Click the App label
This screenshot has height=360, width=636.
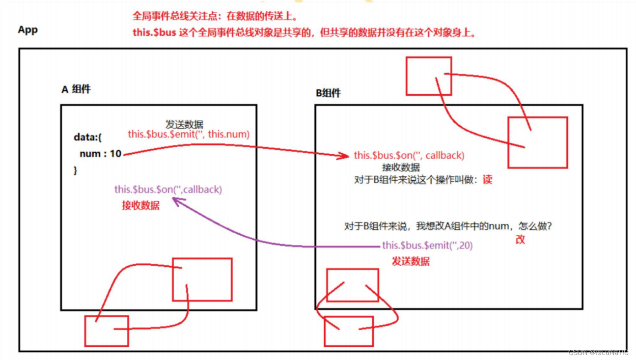(28, 30)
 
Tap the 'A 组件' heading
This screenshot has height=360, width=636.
(76, 89)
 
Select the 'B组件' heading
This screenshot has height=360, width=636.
(328, 93)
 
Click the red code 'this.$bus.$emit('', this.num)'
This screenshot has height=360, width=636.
(189, 134)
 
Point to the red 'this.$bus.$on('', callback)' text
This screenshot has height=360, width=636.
(409, 155)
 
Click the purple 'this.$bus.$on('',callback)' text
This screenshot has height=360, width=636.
(168, 189)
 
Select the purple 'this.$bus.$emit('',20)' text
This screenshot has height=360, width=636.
(427, 245)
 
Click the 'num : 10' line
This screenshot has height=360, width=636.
(100, 154)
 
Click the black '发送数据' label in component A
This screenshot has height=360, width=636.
(184, 124)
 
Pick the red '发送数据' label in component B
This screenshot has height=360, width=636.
(411, 261)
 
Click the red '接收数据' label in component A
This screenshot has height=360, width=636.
(140, 205)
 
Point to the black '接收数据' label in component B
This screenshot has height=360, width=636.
(401, 167)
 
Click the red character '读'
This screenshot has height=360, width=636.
(487, 180)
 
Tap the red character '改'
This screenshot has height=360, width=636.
(520, 240)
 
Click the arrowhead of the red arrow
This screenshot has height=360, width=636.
(347, 157)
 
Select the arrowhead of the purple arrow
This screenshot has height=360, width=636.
(175, 201)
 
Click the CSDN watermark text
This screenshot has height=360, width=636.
(598, 353)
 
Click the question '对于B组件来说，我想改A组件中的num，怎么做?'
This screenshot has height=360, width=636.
(448, 226)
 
